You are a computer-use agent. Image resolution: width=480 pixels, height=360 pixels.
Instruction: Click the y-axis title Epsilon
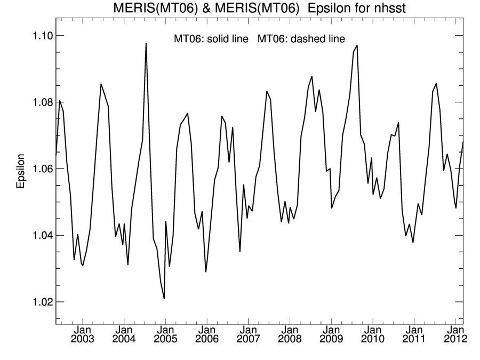click(x=21, y=172)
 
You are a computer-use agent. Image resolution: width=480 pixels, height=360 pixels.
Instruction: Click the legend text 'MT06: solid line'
click(x=211, y=39)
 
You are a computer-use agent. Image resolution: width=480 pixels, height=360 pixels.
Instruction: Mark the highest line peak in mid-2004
click(x=146, y=44)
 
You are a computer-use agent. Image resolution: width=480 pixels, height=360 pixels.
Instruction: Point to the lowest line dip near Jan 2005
click(x=164, y=298)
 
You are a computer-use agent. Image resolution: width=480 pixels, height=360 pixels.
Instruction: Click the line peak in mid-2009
click(x=357, y=45)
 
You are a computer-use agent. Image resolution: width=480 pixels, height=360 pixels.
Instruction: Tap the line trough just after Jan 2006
click(x=206, y=271)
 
